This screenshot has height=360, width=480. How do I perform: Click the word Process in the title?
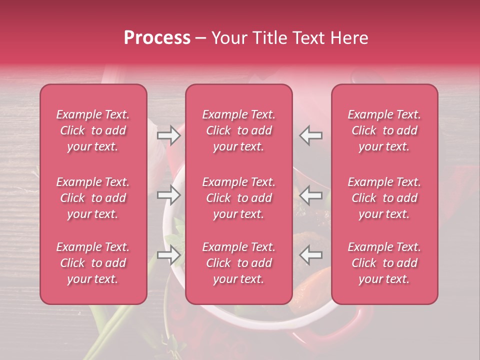157,38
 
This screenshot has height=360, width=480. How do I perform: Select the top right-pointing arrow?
169,135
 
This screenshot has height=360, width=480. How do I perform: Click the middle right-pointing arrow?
169,195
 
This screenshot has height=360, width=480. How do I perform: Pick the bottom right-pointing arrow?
169,255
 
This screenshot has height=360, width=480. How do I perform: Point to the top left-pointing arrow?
310,135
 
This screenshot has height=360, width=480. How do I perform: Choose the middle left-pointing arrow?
310,195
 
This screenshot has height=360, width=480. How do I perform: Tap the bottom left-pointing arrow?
310,255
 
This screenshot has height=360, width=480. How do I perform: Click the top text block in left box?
93,130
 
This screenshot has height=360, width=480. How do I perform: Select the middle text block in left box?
93,198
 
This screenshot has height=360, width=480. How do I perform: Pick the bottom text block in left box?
93,263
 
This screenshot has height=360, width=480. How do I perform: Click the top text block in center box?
239,130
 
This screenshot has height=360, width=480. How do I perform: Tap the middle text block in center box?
239,198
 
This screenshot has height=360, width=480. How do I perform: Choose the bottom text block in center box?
239,263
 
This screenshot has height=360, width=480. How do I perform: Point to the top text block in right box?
384,130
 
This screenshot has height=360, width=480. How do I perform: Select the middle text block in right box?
384,198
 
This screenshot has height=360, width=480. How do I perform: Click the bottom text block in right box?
384,263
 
